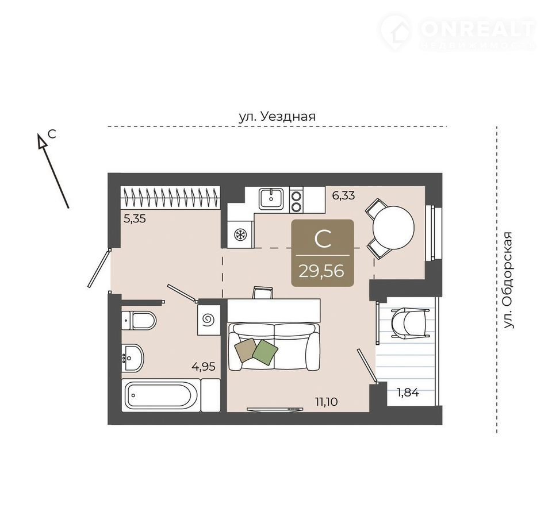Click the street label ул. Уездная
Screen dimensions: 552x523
277,117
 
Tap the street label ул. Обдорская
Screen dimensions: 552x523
508,280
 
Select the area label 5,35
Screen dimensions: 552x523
135,219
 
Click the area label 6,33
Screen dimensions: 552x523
344,195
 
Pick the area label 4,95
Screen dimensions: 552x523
204,367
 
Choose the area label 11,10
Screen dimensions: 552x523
327,402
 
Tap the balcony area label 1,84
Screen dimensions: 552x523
408,393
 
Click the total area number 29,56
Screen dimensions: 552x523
321,271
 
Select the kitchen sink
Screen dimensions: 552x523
271,199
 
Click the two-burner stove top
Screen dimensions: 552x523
297,200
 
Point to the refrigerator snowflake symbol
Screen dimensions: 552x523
240,234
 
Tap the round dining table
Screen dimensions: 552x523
393,228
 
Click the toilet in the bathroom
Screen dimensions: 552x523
139,320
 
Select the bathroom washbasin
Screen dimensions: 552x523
133,358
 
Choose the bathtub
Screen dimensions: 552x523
161,395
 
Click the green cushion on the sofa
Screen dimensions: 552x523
265,352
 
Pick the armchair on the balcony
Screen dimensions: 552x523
409,323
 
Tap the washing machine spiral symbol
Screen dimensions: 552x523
208,320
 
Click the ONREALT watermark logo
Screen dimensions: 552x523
458,32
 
